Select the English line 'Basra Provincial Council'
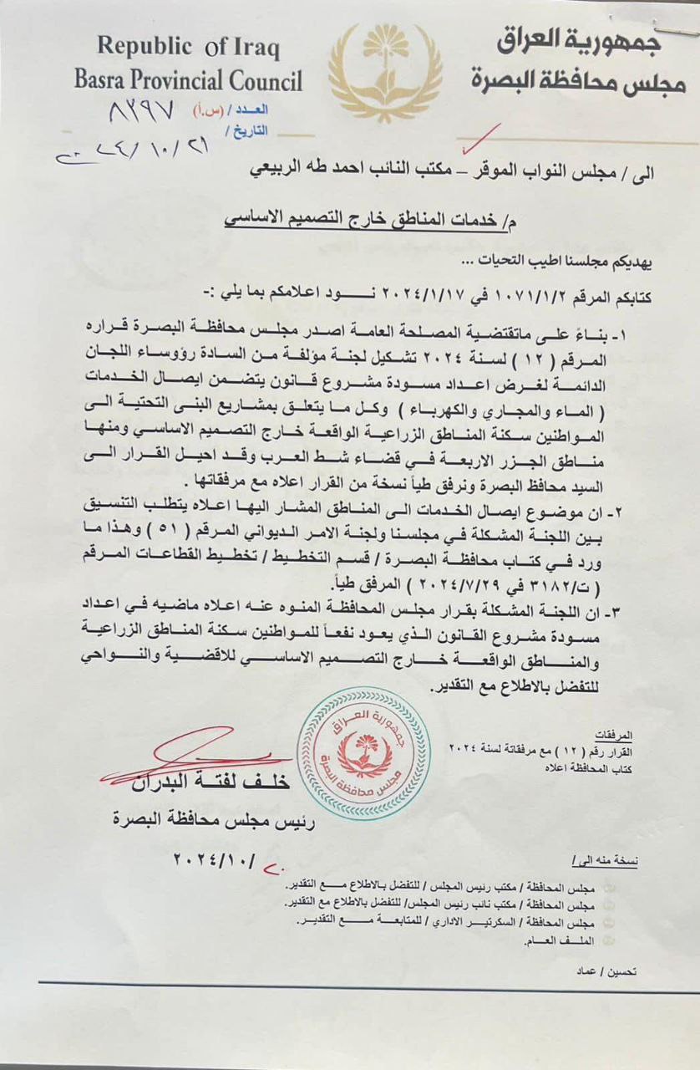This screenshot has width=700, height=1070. click(188, 81)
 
